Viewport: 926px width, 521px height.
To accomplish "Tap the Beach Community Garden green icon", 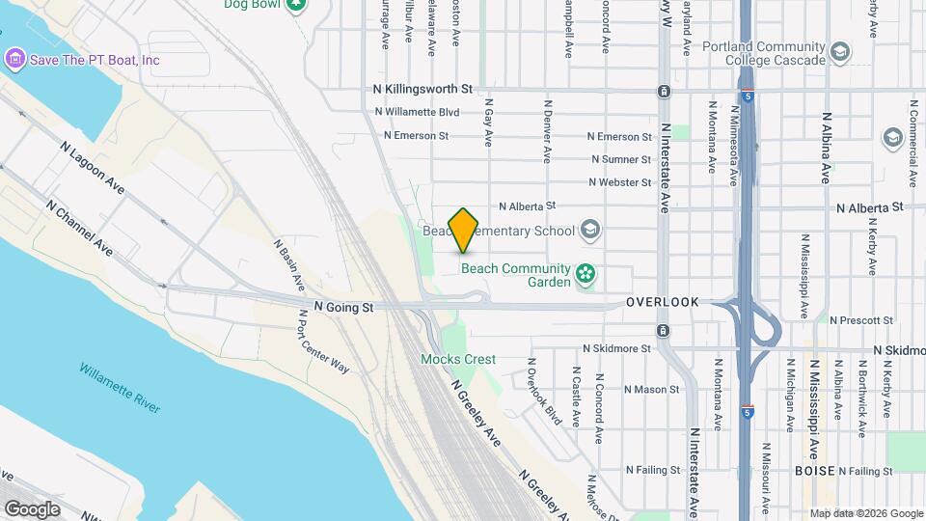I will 584,275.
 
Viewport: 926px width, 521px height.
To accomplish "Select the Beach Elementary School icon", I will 590,230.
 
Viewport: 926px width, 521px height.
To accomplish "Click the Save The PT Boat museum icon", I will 14,60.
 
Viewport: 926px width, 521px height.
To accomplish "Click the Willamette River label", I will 120,388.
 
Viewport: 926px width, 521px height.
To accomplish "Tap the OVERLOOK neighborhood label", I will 662,302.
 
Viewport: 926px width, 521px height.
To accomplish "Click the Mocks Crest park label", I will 458,359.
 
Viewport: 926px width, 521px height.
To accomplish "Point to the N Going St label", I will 343,308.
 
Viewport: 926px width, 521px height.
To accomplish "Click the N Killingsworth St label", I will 422,89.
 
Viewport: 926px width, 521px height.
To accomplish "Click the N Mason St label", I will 652,390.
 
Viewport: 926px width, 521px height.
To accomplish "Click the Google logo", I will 32,508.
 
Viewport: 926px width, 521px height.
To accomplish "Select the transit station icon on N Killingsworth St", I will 664,92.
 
